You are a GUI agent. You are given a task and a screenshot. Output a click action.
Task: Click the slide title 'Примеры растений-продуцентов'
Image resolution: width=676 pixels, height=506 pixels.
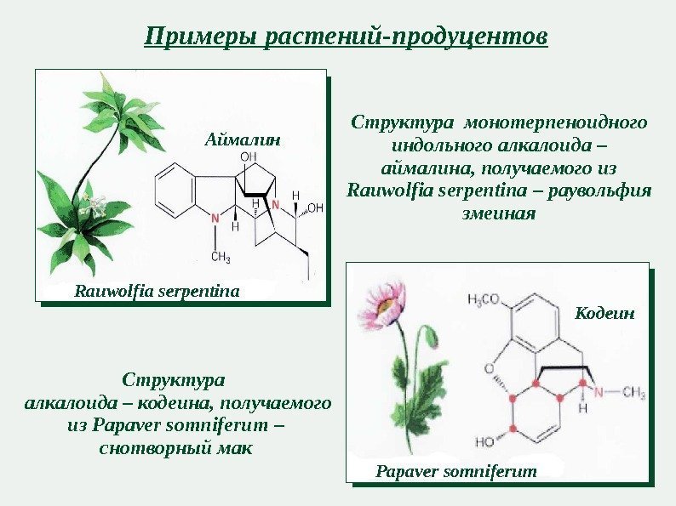click(x=346, y=37)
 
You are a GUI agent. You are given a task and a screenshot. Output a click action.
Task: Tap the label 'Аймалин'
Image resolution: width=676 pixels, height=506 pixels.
click(x=242, y=136)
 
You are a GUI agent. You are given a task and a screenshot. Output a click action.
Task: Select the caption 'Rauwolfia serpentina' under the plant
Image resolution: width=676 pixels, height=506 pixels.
click(x=158, y=292)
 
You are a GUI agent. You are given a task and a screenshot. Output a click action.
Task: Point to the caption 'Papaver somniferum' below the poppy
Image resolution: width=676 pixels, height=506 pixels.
click(x=456, y=470)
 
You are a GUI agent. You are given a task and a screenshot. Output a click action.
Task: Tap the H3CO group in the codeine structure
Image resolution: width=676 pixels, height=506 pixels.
click(x=487, y=299)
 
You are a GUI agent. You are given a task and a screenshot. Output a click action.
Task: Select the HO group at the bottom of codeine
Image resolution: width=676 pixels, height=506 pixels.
click(x=485, y=442)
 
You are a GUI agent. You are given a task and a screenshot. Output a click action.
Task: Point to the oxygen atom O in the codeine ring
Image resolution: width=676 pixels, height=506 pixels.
click(x=490, y=368)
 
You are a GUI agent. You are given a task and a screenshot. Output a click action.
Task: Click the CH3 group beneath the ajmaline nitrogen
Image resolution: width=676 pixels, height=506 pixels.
click(x=221, y=257)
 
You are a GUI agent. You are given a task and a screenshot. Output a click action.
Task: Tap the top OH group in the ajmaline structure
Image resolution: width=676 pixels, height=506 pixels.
click(x=248, y=157)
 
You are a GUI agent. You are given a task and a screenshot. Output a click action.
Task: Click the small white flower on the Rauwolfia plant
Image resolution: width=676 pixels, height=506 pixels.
click(x=92, y=205)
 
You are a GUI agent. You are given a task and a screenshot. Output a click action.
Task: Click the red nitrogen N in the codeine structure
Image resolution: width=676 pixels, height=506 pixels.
click(x=599, y=392)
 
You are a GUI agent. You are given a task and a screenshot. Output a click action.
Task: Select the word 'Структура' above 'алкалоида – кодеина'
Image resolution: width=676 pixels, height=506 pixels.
click(x=175, y=377)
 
